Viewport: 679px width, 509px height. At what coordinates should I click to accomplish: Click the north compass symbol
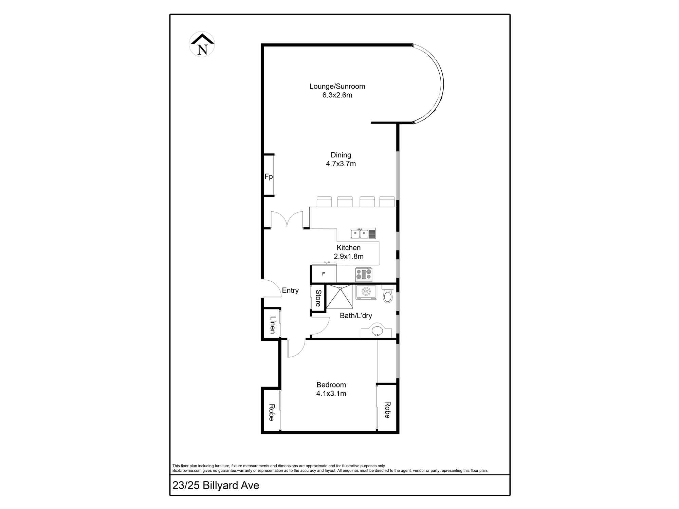(202, 44)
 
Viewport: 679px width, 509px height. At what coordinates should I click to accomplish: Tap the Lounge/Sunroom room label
(337, 87)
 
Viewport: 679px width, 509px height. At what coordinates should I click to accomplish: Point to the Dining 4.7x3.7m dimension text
(341, 164)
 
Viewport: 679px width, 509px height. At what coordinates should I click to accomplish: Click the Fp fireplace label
(269, 176)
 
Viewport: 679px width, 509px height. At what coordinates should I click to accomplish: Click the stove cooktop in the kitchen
(364, 274)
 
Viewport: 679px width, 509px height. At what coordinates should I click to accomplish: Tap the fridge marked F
(324, 274)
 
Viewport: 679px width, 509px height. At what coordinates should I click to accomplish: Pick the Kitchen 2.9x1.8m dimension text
(349, 257)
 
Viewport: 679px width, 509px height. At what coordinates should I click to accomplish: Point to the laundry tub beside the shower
(366, 292)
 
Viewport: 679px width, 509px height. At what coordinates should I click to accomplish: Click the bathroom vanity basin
(377, 331)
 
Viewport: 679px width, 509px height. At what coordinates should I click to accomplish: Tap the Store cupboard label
(318, 298)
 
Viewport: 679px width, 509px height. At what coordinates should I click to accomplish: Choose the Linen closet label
(272, 325)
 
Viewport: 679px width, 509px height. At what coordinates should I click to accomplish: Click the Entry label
(290, 290)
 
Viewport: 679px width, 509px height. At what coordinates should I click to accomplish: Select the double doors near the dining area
(287, 220)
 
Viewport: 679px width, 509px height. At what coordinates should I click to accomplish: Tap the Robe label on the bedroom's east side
(387, 410)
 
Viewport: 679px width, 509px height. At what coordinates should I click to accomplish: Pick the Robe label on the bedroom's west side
(272, 412)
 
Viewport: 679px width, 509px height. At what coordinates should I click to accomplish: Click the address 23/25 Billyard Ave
(216, 486)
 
